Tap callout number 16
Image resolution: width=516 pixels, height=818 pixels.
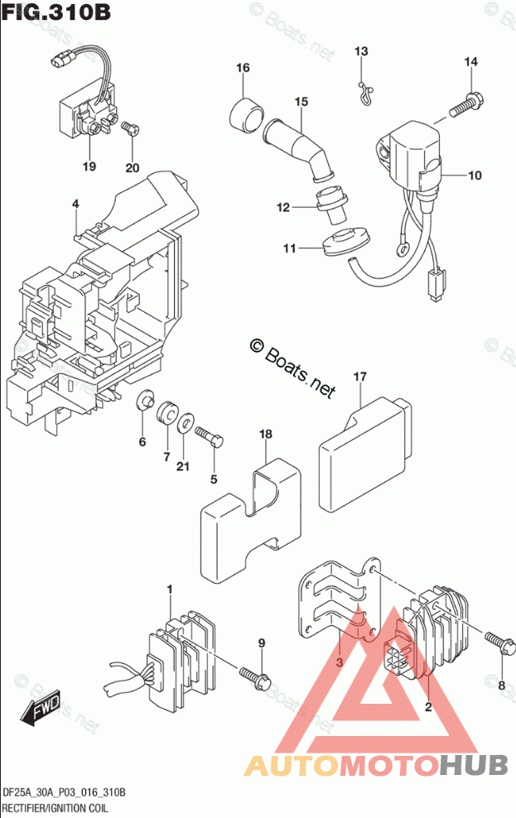click(x=242, y=67)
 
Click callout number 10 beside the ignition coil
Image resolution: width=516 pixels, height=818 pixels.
click(x=474, y=176)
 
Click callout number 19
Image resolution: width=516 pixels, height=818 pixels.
click(x=89, y=166)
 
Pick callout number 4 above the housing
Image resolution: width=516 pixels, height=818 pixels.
click(x=75, y=204)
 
